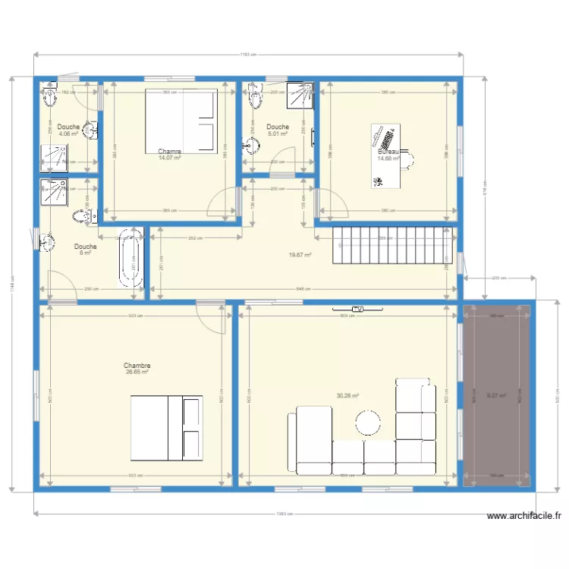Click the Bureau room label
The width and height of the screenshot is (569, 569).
tap(388, 152)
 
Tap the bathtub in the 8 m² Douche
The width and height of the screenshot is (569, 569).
tap(132, 257)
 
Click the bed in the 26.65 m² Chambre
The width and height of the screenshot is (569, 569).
tap(167, 428)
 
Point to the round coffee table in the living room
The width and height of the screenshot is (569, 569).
tap(369, 423)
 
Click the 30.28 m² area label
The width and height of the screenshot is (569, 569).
tap(347, 395)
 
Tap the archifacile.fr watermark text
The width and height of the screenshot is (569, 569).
tap(524, 516)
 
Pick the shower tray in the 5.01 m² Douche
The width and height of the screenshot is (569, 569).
tap(299, 95)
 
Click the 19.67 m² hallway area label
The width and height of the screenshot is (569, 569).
tap(300, 255)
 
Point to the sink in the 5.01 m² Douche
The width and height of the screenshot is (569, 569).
tap(250, 145)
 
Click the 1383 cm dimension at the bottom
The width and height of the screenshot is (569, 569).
tap(284, 514)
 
